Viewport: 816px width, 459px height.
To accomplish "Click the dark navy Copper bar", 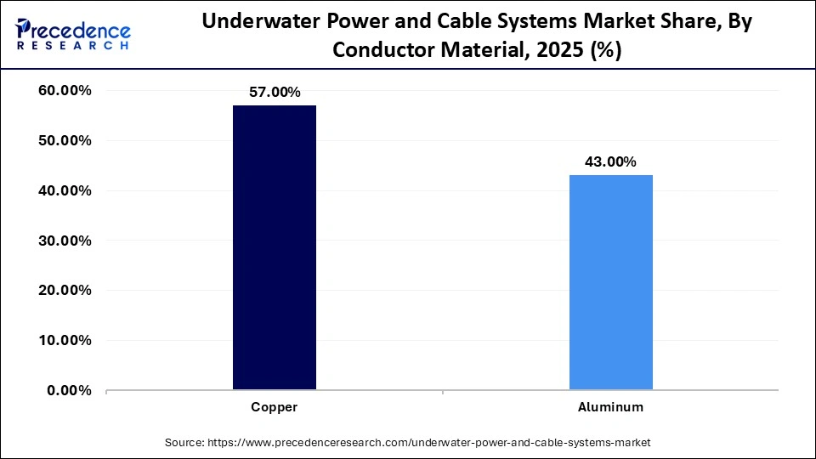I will click(x=274, y=247).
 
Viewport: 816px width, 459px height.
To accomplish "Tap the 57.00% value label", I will click(x=274, y=93).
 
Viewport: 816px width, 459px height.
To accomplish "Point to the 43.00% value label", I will click(x=610, y=162).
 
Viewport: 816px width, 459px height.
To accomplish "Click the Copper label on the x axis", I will click(x=274, y=407).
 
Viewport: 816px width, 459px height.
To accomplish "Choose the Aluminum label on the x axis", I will click(x=610, y=407).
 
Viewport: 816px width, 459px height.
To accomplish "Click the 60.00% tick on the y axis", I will click(x=65, y=91).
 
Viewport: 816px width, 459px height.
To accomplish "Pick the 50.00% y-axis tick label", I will click(x=65, y=141).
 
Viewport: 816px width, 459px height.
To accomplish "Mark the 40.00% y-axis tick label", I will click(x=65, y=191).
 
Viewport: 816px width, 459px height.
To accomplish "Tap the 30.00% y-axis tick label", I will click(x=65, y=241).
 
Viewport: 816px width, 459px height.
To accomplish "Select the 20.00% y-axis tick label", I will click(x=65, y=291).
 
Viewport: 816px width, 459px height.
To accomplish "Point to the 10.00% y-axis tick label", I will click(x=65, y=341).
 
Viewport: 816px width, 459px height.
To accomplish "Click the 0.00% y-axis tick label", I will click(x=69, y=391).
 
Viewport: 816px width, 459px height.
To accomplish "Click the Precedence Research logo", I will click(x=73, y=34).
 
